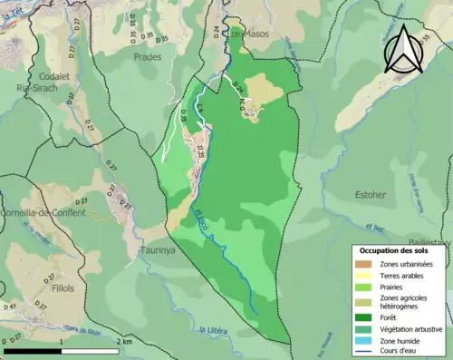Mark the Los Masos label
point(244,34)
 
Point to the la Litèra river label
point(212,329)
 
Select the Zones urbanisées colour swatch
point(366,264)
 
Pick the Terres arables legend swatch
point(366,276)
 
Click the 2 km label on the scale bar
point(125,342)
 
